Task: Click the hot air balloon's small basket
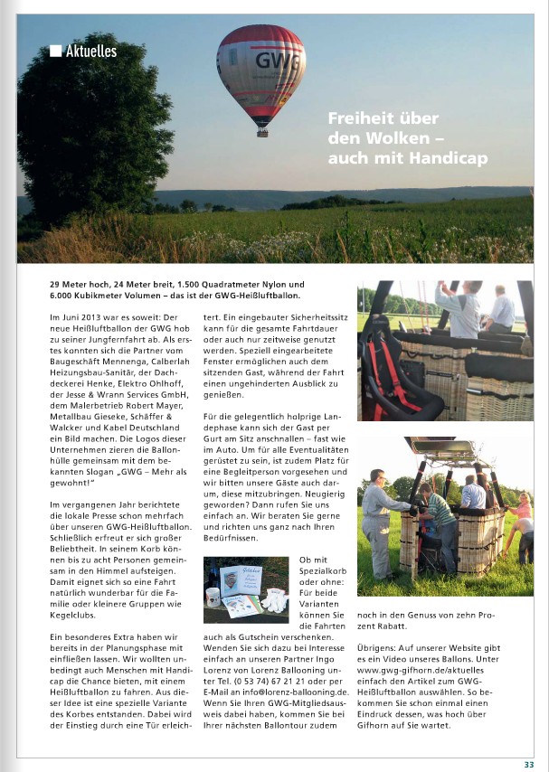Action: point(261,131)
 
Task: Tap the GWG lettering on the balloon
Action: point(273,61)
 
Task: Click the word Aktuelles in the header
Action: point(90,52)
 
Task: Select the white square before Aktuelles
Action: point(55,52)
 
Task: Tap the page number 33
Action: point(529,764)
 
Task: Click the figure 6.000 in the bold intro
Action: point(64,296)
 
